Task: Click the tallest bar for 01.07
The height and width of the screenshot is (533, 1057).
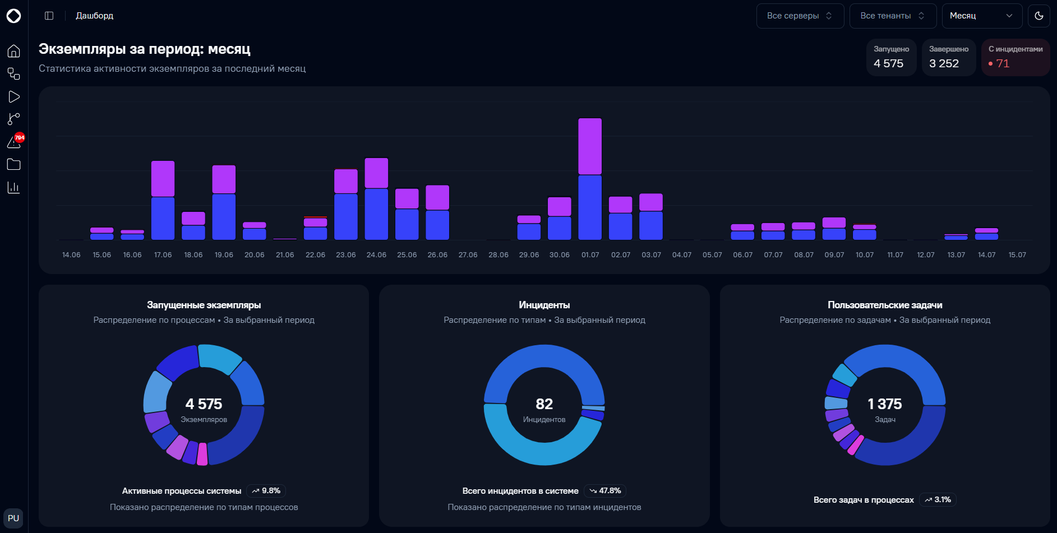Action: (x=590, y=179)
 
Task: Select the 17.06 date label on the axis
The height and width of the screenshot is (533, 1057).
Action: (x=163, y=255)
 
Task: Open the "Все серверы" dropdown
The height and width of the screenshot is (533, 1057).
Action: (x=800, y=16)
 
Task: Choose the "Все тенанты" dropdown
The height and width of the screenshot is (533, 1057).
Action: (x=893, y=16)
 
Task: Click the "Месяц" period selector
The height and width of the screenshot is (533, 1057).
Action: (x=982, y=16)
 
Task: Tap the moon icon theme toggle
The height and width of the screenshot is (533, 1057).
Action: (x=1039, y=16)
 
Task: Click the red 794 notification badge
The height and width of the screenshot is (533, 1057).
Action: (x=20, y=137)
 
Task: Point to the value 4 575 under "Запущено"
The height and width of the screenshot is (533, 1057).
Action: (x=888, y=64)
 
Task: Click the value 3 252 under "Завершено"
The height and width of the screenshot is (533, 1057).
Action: (x=944, y=64)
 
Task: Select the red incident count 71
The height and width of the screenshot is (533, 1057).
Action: (x=1003, y=64)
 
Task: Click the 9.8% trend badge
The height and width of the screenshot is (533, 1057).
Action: (x=266, y=491)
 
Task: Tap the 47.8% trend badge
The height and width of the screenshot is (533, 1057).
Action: (x=605, y=491)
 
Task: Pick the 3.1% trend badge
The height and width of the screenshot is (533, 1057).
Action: (x=938, y=500)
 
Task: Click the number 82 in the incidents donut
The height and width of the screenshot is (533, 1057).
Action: (x=544, y=404)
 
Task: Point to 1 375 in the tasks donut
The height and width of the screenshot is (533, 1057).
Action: (x=885, y=404)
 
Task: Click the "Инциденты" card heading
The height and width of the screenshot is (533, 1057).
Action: (x=544, y=305)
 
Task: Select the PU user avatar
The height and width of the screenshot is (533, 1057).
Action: (x=13, y=518)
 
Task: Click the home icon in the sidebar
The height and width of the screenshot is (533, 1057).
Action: (x=14, y=51)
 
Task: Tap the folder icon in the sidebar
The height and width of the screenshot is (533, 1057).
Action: (x=14, y=164)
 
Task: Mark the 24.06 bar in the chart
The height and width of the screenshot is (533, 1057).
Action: (x=376, y=199)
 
